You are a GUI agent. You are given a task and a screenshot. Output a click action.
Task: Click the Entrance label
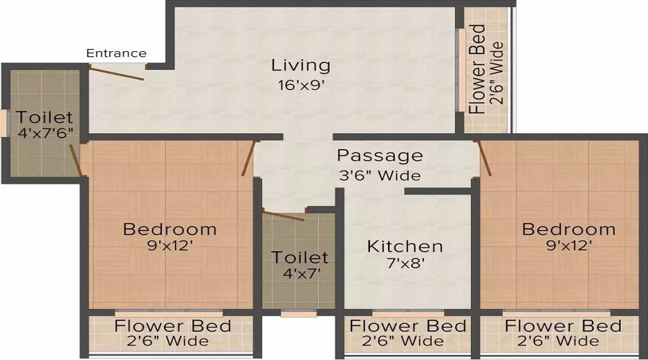[x=116, y=53]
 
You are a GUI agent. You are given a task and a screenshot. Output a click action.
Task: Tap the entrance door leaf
[x=117, y=73]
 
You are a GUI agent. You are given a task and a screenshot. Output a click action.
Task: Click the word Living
[x=301, y=66]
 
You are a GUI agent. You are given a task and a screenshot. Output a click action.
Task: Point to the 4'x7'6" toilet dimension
[x=45, y=133]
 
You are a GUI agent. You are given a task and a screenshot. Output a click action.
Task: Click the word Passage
[x=379, y=156]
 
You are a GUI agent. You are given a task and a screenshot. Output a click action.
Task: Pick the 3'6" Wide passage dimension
[x=379, y=175]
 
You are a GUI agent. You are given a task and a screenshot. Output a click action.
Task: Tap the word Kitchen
[x=405, y=246]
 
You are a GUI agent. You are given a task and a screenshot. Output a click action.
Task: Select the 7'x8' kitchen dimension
[x=406, y=263]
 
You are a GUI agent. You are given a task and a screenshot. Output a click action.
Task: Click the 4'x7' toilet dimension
[x=301, y=273]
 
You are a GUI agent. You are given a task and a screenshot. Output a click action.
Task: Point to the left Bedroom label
[x=170, y=229]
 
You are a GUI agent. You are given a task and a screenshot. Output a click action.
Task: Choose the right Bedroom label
[x=569, y=229]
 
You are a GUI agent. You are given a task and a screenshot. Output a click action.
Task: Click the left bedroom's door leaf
[x=248, y=158]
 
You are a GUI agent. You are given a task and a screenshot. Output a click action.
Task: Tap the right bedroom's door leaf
[x=485, y=158]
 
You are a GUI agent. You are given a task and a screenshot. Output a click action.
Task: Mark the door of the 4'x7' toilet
[x=284, y=216]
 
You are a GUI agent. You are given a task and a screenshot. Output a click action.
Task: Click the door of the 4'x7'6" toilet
[x=75, y=160]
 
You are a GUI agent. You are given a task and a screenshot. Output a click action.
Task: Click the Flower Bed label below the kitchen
[x=408, y=326]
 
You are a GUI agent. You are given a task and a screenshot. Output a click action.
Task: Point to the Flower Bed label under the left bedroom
[x=173, y=326]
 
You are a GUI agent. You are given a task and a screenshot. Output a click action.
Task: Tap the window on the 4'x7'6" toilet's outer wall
[x=5, y=122]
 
